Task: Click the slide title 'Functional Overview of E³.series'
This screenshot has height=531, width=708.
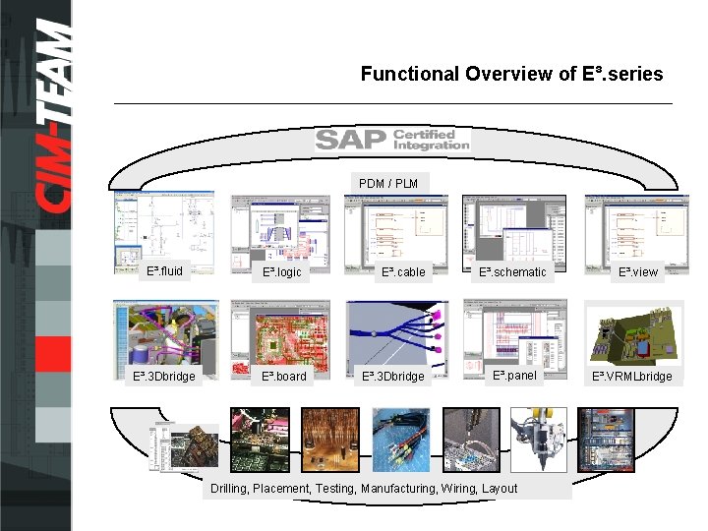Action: (511, 74)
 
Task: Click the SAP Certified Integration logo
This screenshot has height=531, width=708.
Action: (392, 141)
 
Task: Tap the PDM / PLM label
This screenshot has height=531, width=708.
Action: (388, 184)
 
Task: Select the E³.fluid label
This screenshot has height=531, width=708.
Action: (164, 270)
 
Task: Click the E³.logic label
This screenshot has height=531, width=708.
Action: (281, 272)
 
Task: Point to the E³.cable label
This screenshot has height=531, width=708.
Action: (403, 272)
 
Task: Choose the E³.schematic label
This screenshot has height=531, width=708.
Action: (512, 272)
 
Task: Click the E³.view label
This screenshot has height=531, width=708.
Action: (637, 272)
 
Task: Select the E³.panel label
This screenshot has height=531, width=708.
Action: (515, 375)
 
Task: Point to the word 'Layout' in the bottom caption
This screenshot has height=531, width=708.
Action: (499, 489)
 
